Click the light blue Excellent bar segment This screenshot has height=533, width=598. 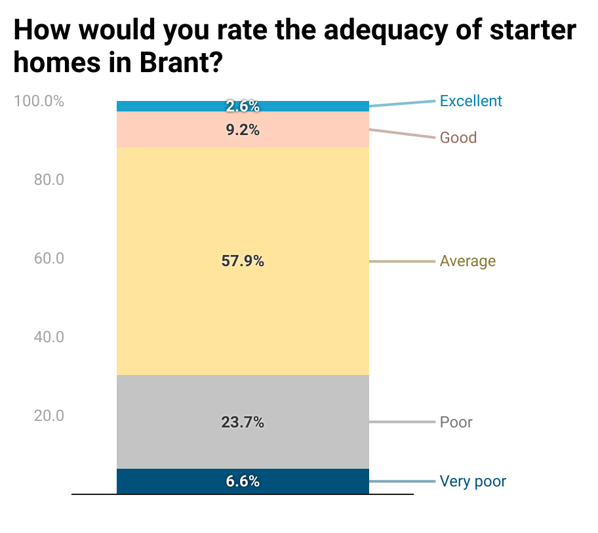(x=164, y=106)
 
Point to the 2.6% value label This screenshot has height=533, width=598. (x=243, y=106)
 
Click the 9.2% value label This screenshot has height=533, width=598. (x=243, y=130)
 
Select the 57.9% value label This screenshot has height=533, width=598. (x=243, y=261)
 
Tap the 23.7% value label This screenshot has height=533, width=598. (x=243, y=422)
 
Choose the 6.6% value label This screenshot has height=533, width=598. (x=243, y=481)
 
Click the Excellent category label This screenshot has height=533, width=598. (x=471, y=101)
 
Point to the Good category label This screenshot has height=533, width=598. (x=458, y=138)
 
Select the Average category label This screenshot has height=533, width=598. (x=468, y=261)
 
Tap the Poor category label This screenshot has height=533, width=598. (x=456, y=422)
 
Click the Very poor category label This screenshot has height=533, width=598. (x=473, y=481)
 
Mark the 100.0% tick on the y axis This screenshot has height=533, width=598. (x=39, y=102)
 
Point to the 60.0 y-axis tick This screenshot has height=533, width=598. (x=49, y=258)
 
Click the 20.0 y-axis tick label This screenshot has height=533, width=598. (x=49, y=416)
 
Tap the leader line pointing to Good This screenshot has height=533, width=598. (x=403, y=134)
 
